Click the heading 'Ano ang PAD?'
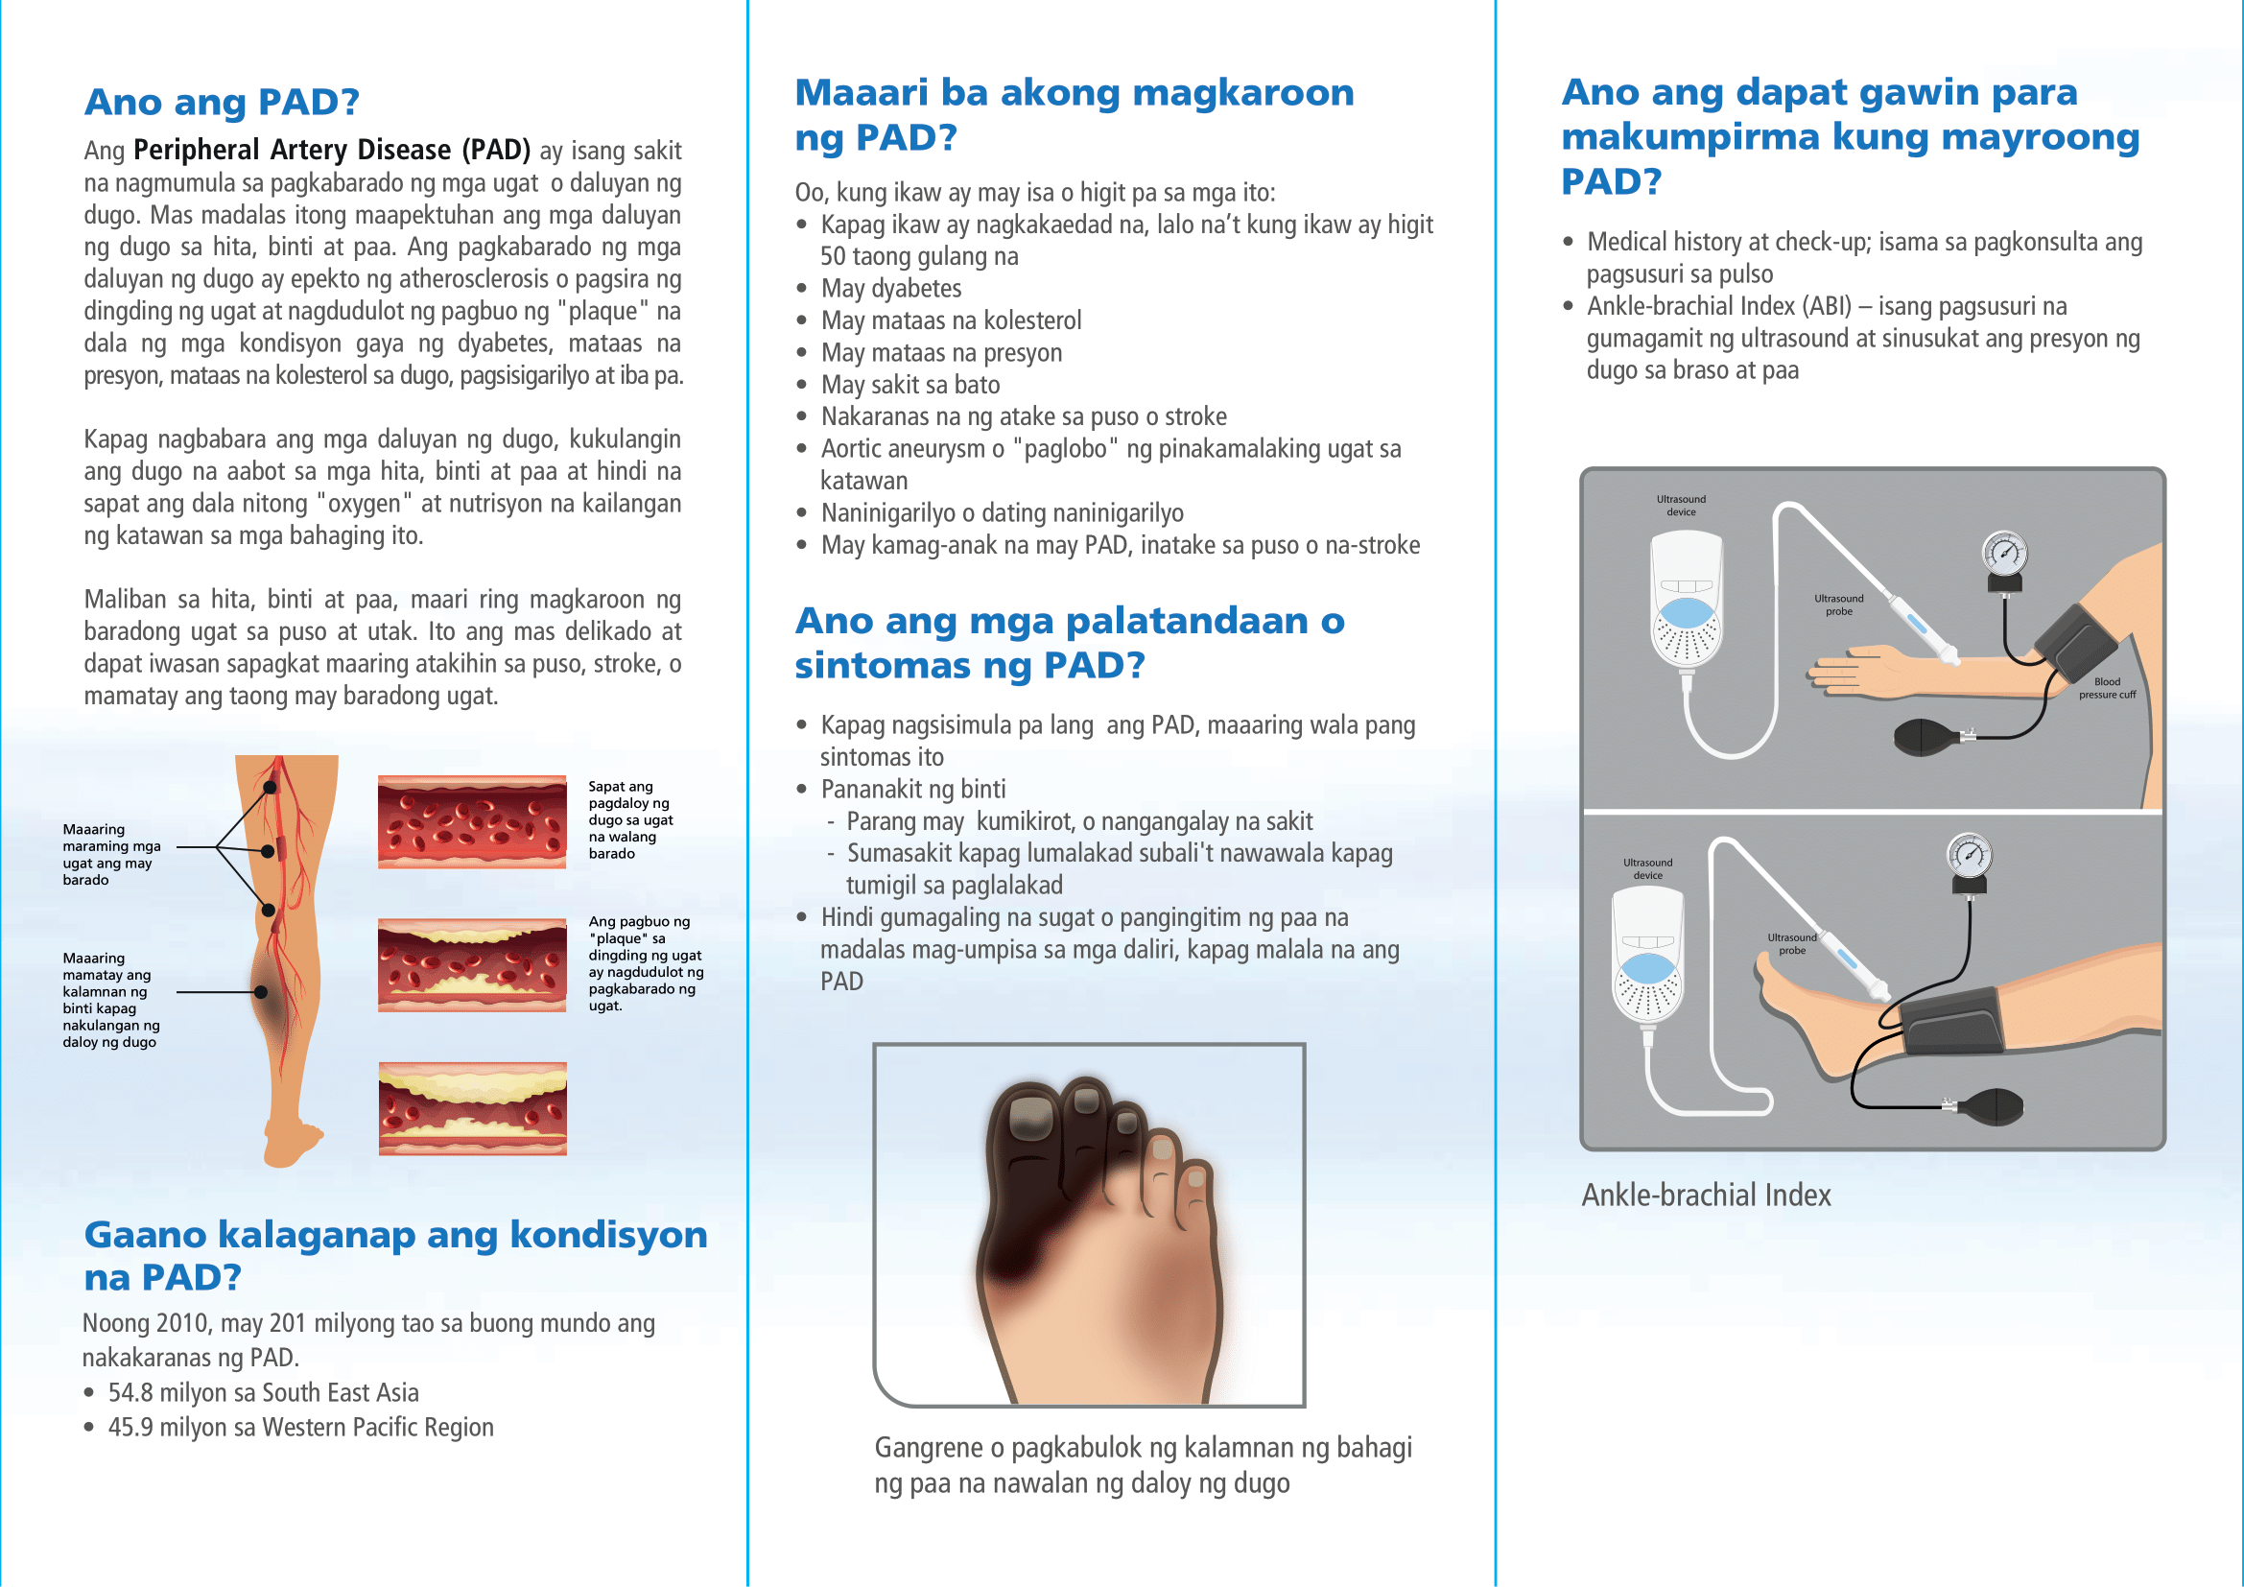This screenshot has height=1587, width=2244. click(x=222, y=102)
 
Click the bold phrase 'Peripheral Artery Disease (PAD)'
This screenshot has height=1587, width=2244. click(x=331, y=150)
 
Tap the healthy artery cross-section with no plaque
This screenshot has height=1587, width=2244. click(x=472, y=822)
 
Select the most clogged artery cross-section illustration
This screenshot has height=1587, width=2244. click(x=472, y=1108)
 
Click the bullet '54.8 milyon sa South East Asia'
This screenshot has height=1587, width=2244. click(x=263, y=1392)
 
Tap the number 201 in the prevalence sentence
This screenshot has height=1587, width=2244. click(x=288, y=1323)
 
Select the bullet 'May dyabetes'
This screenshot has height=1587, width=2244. click(x=890, y=288)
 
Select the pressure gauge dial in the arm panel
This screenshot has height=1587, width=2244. click(x=2003, y=554)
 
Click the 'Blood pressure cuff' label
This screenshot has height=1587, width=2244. click(x=2106, y=688)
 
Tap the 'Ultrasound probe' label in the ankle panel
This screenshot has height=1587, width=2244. click(x=1790, y=943)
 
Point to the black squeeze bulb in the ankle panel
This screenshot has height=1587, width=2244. click(x=1994, y=1106)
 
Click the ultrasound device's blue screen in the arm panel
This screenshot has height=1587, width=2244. click(x=1686, y=614)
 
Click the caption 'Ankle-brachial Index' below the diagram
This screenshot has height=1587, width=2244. click(x=1706, y=1196)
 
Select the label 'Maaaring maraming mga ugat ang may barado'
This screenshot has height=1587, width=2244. click(x=111, y=854)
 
